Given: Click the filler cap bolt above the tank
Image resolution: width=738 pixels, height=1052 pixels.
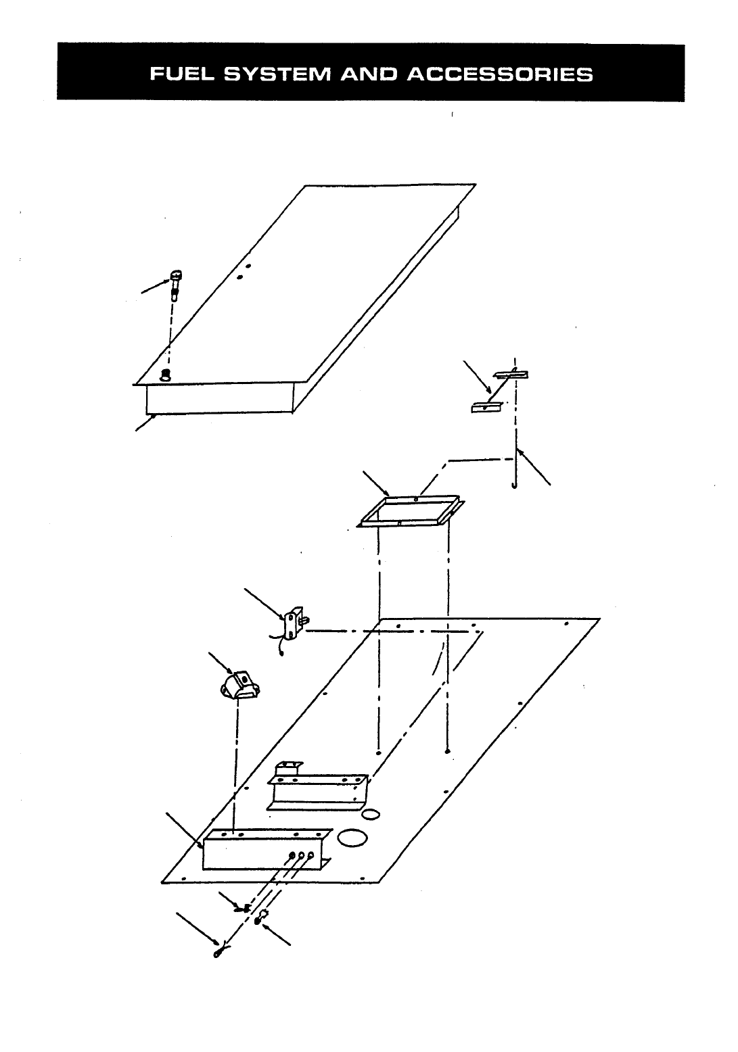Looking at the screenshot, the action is [x=176, y=284].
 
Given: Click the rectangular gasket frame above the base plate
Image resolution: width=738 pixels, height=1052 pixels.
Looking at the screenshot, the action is [x=411, y=511].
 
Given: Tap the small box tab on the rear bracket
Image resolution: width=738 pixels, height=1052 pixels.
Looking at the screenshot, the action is [x=287, y=769].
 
